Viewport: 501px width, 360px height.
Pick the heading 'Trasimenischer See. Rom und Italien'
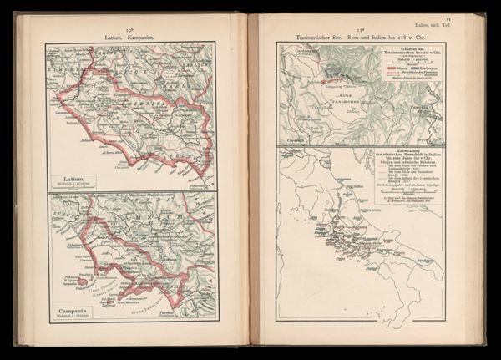(362, 36)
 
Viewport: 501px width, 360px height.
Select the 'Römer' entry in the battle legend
(399, 67)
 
